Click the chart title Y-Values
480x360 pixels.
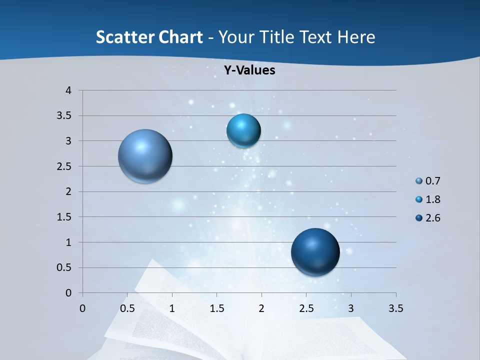click(x=249, y=70)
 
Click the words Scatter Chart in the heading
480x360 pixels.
click(x=149, y=37)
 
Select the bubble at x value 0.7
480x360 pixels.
click(x=145, y=156)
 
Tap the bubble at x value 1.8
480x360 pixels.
click(x=243, y=131)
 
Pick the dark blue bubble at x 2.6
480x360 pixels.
click(x=315, y=252)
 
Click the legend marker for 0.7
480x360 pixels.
click(x=419, y=181)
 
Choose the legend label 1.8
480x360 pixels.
click(x=432, y=199)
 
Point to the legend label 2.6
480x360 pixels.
click(x=432, y=218)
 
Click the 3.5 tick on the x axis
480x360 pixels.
click(x=395, y=308)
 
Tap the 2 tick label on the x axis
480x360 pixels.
click(x=261, y=308)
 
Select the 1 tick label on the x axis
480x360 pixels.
click(x=172, y=308)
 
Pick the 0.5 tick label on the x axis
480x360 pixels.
click(x=127, y=308)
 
